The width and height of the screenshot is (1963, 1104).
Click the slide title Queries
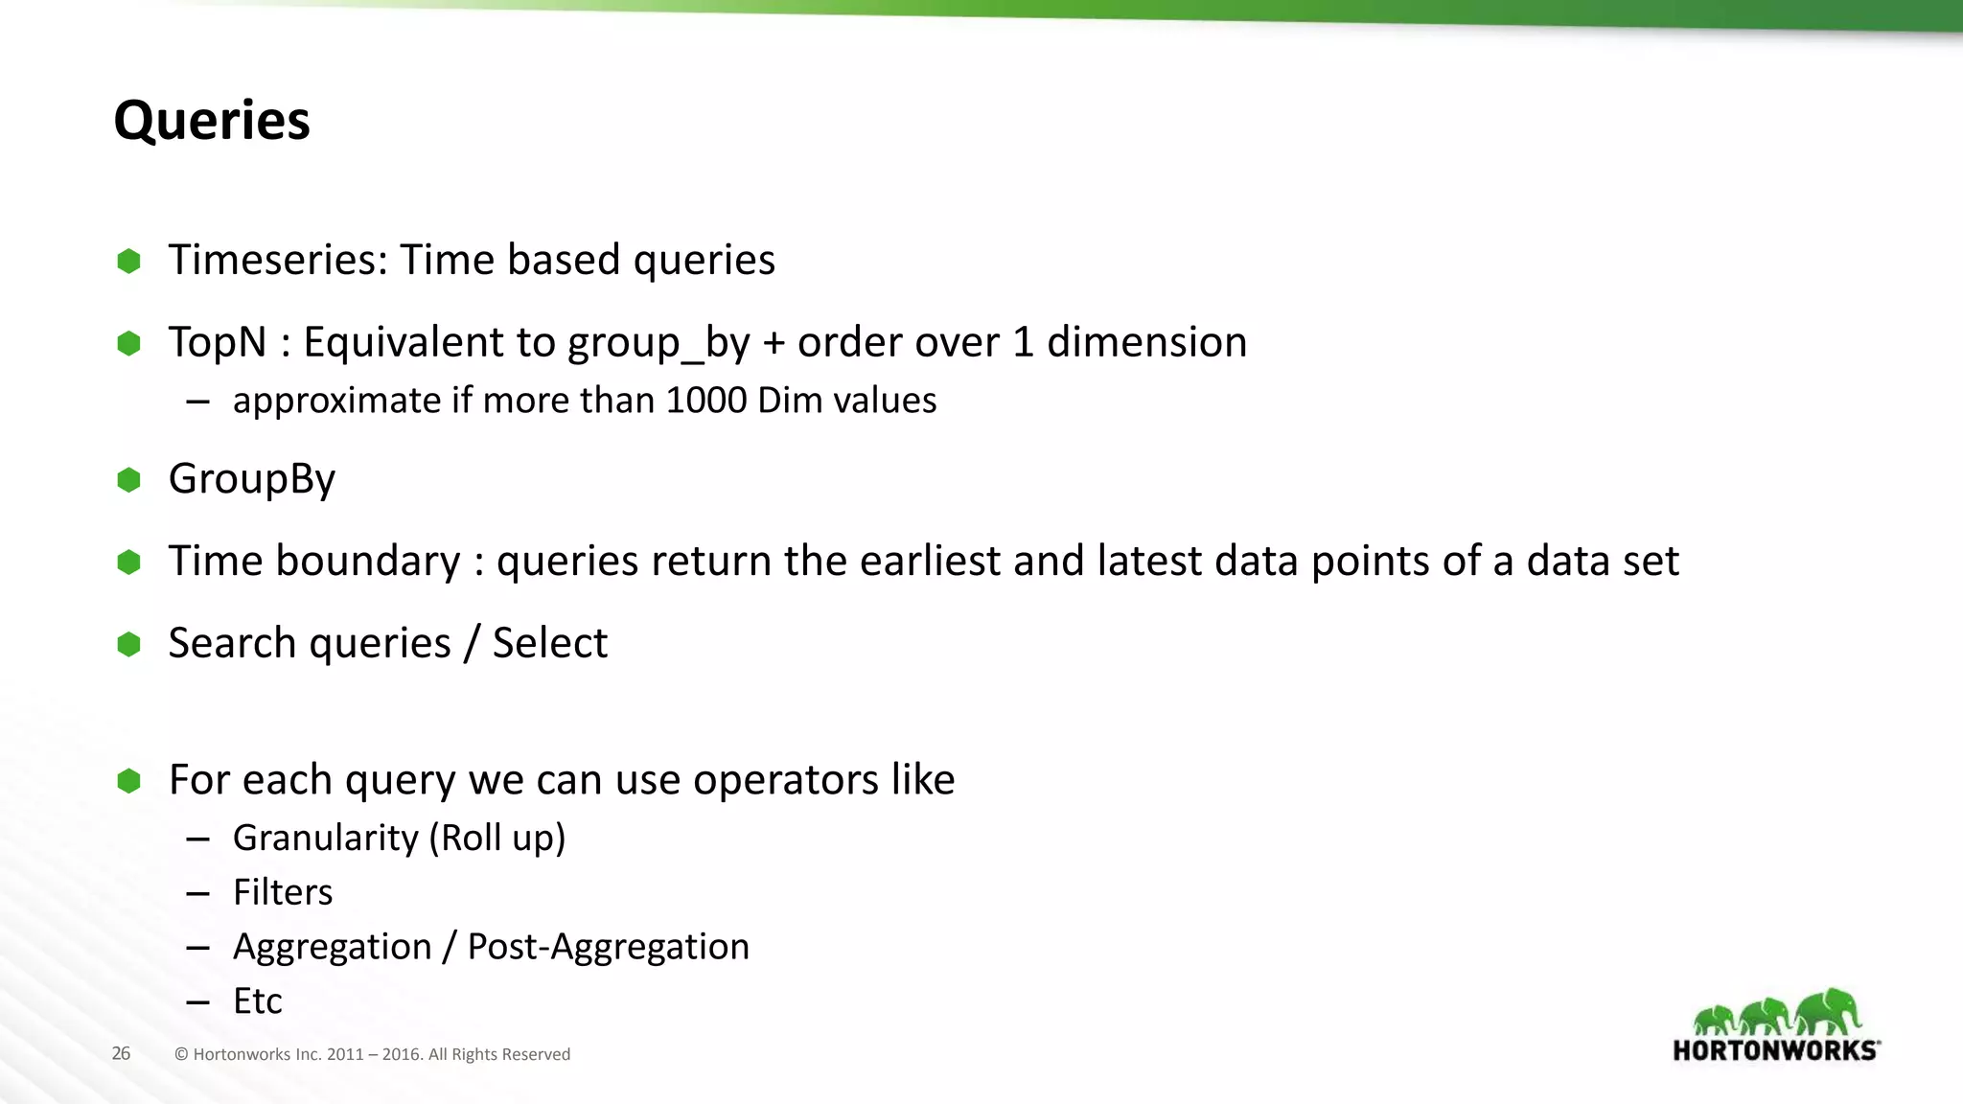tap(212, 122)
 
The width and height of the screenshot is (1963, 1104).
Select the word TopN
tap(218, 342)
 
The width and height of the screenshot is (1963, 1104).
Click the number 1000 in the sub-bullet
tap(705, 401)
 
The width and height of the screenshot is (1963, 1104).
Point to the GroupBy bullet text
tap(252, 479)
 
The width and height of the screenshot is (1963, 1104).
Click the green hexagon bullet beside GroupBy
tap(128, 479)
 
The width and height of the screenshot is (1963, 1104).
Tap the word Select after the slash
tap(550, 643)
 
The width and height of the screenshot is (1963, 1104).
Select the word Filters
tap(283, 893)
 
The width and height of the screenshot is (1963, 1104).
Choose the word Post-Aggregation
tap(608, 947)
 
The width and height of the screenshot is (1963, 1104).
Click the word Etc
tap(257, 1001)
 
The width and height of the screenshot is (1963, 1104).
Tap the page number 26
tap(121, 1053)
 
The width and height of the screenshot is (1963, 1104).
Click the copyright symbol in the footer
tap(181, 1054)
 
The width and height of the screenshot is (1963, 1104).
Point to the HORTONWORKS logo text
tap(1775, 1050)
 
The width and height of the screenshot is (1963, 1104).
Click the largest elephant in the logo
tap(1829, 1011)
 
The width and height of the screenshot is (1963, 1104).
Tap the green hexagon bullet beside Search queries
tap(128, 644)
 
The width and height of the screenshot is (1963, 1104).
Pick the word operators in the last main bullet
tap(785, 780)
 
